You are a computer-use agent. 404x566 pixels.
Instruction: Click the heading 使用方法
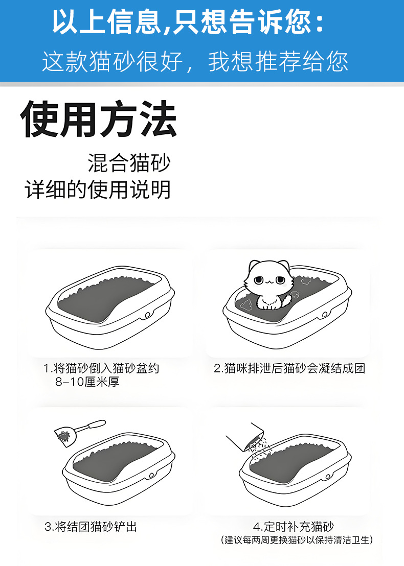[99, 120]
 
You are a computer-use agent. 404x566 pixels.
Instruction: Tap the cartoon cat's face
[266, 281]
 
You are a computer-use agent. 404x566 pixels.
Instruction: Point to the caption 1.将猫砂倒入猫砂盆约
[101, 368]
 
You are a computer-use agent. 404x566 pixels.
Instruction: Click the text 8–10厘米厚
[87, 382]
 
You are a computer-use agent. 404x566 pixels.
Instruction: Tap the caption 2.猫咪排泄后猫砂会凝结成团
[289, 368]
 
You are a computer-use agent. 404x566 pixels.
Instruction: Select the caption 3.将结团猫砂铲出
[91, 527]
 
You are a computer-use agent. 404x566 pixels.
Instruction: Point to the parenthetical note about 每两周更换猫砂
[297, 540]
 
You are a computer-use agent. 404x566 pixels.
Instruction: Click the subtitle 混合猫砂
[128, 164]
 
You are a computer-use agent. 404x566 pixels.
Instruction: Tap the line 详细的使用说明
[98, 190]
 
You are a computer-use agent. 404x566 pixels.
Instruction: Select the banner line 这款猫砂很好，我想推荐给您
[195, 62]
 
